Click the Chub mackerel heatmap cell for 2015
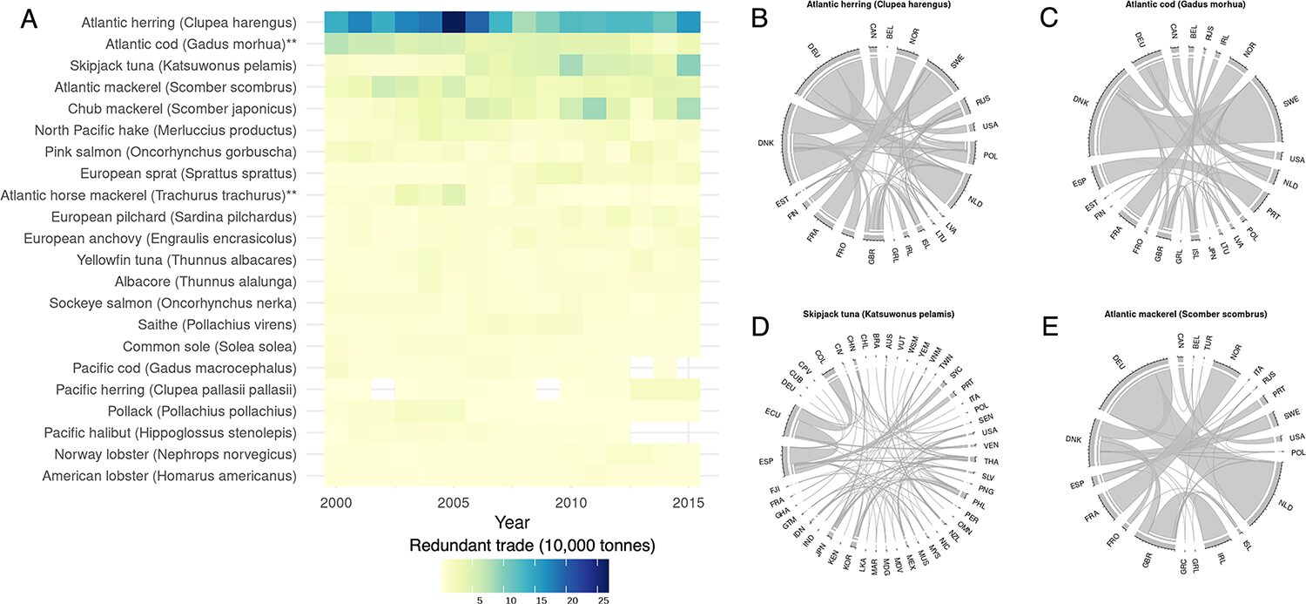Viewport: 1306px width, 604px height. [688, 108]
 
